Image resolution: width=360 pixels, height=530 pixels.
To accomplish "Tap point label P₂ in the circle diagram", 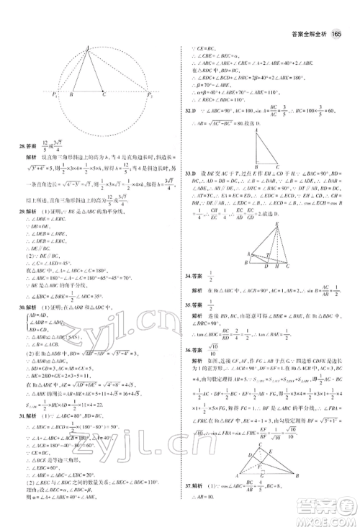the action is (148, 94).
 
